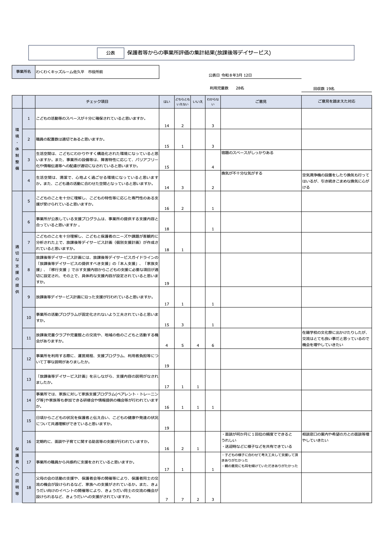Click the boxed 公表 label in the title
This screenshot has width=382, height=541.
pyautogui.click(x=110, y=53)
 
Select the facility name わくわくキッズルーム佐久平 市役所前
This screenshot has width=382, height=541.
pyautogui.click(x=69, y=72)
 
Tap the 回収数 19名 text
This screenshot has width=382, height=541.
pyautogui.click(x=324, y=89)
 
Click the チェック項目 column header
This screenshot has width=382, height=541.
pyautogui.click(x=97, y=102)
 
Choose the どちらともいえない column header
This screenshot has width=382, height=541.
pyautogui.click(x=182, y=102)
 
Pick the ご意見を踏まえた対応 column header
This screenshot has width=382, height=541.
pyautogui.click(x=336, y=101)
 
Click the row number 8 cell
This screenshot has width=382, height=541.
pyautogui.click(x=29, y=270)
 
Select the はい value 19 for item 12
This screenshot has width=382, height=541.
pyautogui.click(x=167, y=366)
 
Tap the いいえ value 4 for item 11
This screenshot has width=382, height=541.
pyautogui.click(x=198, y=345)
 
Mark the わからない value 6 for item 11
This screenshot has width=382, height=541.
pyautogui.click(x=213, y=345)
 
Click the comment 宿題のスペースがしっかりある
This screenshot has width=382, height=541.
pyautogui.click(x=247, y=153)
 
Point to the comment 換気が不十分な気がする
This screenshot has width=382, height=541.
pyautogui.click(x=242, y=173)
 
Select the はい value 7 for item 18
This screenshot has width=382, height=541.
pyautogui.click(x=167, y=500)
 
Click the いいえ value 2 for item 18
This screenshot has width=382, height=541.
pyautogui.click(x=198, y=500)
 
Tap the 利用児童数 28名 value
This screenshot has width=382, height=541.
pyautogui.click(x=240, y=88)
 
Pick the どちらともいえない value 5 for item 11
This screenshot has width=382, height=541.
pyautogui.click(x=182, y=345)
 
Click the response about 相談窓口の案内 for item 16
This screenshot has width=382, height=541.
pyautogui.click(x=336, y=437)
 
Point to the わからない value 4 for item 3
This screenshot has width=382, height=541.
pyautogui.click(x=213, y=167)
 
